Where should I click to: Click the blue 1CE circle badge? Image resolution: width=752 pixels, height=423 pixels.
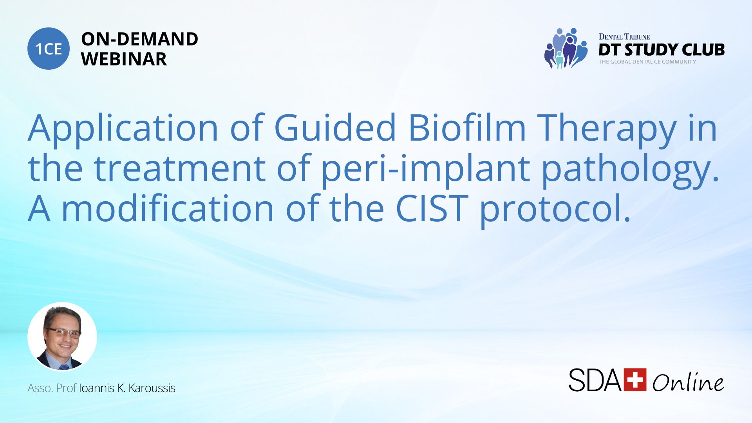click(x=49, y=49)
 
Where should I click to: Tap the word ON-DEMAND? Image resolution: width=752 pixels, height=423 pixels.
click(x=139, y=39)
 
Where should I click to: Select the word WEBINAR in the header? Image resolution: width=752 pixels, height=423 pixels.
click(x=124, y=59)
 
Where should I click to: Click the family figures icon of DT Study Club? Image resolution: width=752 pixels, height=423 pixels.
click(x=566, y=48)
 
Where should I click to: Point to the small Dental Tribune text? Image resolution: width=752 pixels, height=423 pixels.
click(x=624, y=37)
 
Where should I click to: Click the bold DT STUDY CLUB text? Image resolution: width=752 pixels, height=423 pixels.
click(x=662, y=50)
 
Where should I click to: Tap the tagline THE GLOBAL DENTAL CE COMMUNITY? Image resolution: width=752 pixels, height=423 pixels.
click(x=647, y=62)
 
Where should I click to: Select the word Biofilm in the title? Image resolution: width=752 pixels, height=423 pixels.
click(x=467, y=127)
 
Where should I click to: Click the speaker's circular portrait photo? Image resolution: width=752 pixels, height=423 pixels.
click(x=62, y=337)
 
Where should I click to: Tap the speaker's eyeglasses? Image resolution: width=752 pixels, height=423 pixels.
click(x=64, y=333)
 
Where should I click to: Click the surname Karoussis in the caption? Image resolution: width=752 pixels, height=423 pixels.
click(x=152, y=388)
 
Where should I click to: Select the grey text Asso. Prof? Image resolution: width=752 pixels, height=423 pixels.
click(x=52, y=388)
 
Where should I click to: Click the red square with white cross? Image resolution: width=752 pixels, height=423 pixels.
click(x=635, y=380)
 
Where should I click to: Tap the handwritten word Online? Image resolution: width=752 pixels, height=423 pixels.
click(x=688, y=382)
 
